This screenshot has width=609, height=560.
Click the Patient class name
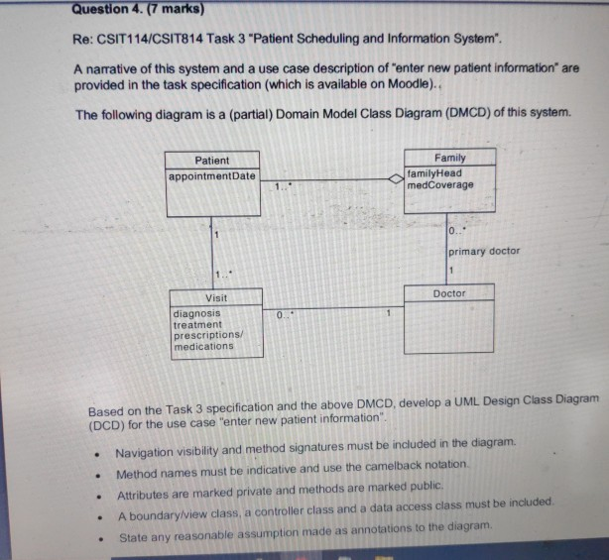click(x=211, y=161)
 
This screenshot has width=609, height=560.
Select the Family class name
click(x=449, y=158)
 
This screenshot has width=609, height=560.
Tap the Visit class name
click(x=215, y=297)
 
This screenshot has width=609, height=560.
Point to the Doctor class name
click(x=449, y=293)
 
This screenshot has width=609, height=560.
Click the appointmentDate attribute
click(x=211, y=176)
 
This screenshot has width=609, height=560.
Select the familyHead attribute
click(x=434, y=172)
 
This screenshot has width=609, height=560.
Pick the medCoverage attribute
click(x=440, y=184)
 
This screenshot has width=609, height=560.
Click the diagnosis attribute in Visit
click(x=196, y=312)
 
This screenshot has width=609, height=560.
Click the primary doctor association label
click(x=484, y=251)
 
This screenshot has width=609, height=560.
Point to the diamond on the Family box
click(x=395, y=179)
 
